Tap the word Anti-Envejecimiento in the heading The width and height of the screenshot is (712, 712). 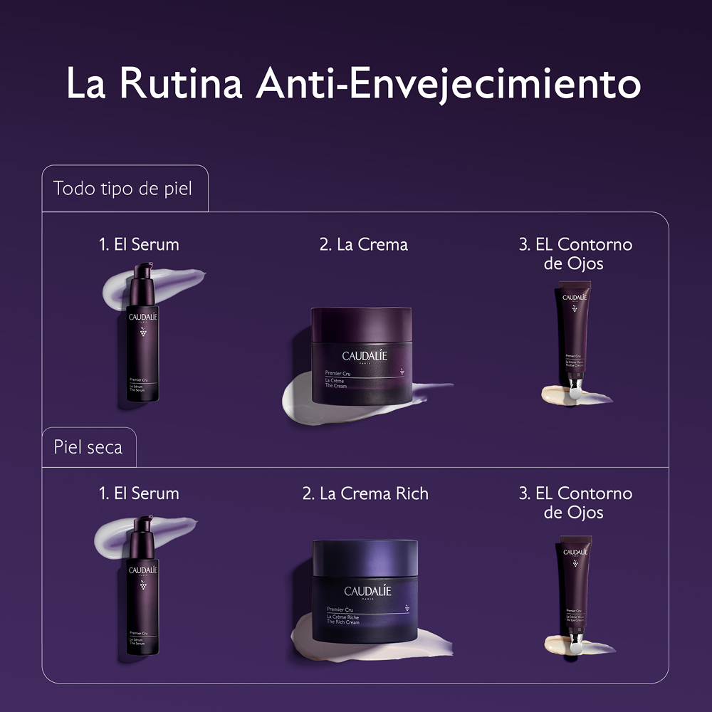(x=449, y=84)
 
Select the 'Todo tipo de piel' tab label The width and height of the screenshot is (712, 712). (x=122, y=189)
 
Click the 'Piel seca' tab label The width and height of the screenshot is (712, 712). (x=88, y=447)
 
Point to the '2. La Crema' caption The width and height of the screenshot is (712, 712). (x=364, y=244)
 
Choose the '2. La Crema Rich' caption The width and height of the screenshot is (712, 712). (x=365, y=493)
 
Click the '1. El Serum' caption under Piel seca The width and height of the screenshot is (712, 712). (x=139, y=493)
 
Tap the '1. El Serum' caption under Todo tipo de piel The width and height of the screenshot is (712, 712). (x=139, y=244)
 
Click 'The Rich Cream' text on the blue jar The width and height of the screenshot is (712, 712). (x=343, y=622)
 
